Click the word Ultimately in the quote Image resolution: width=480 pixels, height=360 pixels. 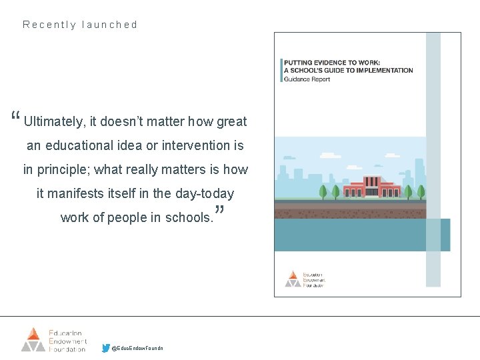coord(54,122)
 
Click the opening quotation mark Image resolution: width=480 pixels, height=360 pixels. coord(15,118)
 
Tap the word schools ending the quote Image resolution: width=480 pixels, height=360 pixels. coord(189,217)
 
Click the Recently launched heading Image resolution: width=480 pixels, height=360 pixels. coord(80,25)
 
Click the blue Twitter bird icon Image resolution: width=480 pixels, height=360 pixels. coord(106,347)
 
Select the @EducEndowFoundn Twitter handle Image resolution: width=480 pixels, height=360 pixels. coord(137,348)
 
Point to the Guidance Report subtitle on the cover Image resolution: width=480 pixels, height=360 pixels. coord(307,79)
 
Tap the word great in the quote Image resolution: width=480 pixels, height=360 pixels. coord(231,122)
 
